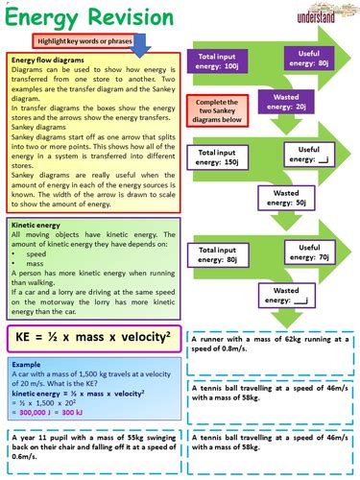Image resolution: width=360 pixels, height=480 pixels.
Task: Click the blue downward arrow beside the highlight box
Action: click(x=140, y=43)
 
